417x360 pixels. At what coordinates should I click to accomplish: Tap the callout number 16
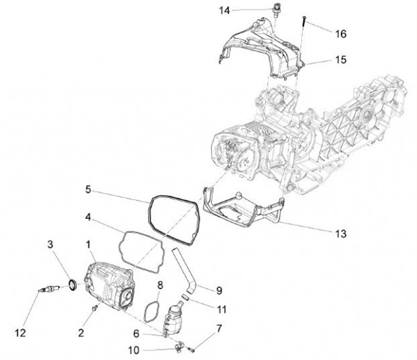point(341,34)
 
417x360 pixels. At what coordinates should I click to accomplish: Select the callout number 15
point(341,60)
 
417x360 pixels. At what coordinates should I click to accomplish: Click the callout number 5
point(87,189)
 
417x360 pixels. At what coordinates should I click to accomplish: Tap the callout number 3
point(51,246)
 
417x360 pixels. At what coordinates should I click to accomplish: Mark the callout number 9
point(218,289)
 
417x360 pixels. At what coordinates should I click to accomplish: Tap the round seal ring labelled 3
point(72,284)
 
